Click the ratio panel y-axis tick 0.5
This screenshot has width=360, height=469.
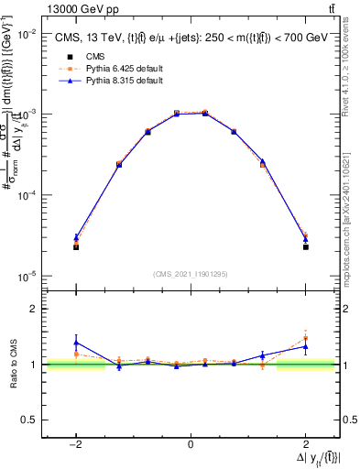pyautogui.click(x=31, y=420)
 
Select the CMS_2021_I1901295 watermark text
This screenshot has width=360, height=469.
pyautogui.click(x=191, y=273)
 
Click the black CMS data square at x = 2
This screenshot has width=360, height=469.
pyautogui.click(x=306, y=247)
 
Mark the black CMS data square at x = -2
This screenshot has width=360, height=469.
pyautogui.click(x=76, y=247)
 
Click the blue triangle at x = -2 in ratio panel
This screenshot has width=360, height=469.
pyautogui.click(x=76, y=343)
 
